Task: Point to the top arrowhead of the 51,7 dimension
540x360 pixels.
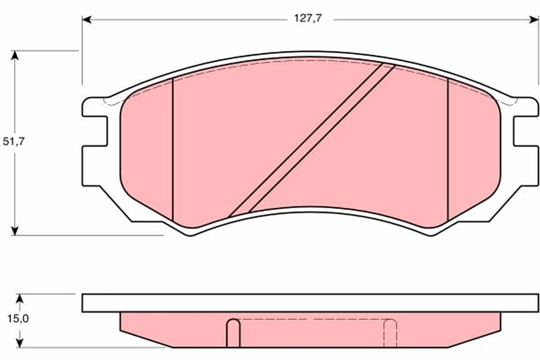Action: click(x=15, y=55)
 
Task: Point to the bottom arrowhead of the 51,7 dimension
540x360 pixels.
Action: click(x=15, y=230)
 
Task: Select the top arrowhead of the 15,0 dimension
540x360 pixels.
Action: click(x=19, y=298)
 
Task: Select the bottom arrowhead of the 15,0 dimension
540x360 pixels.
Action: click(x=19, y=343)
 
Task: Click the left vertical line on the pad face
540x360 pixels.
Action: click(x=173, y=148)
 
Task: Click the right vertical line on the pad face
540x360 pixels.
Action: click(x=448, y=148)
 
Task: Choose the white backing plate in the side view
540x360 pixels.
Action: click(x=310, y=303)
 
